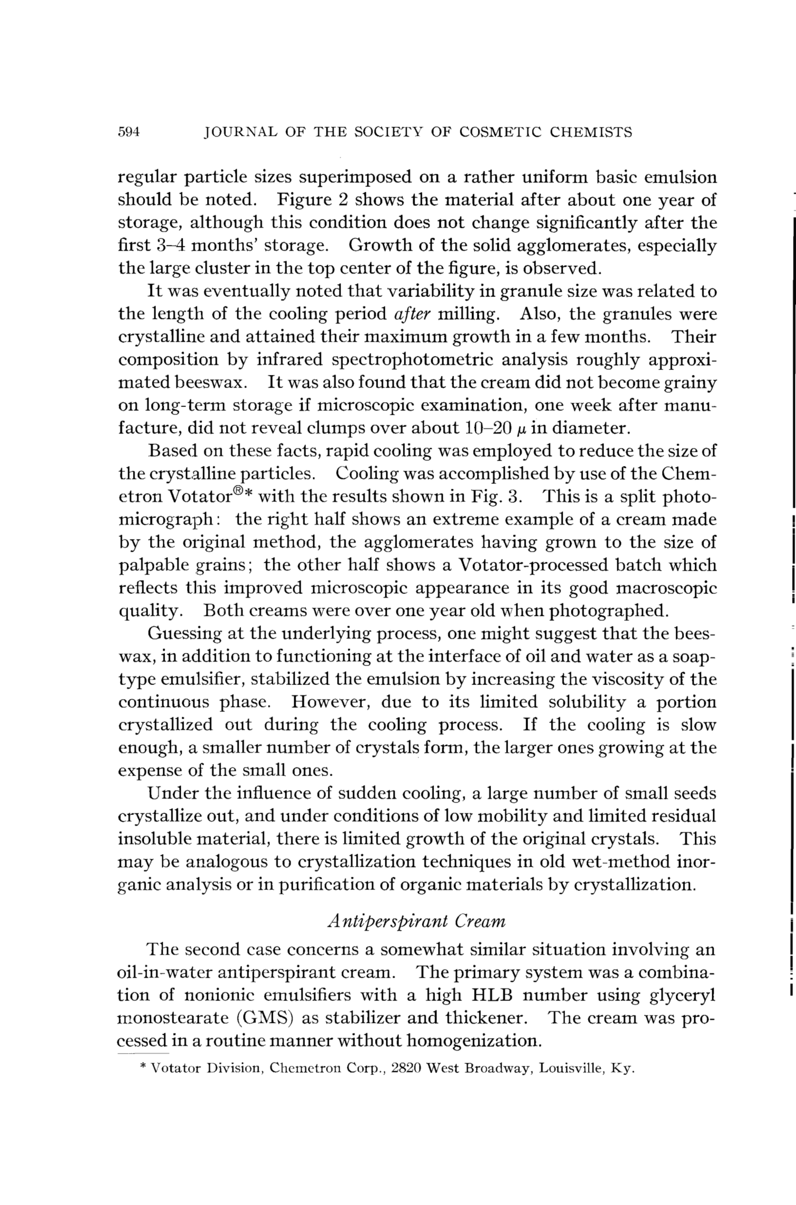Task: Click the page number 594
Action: pos(129,132)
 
